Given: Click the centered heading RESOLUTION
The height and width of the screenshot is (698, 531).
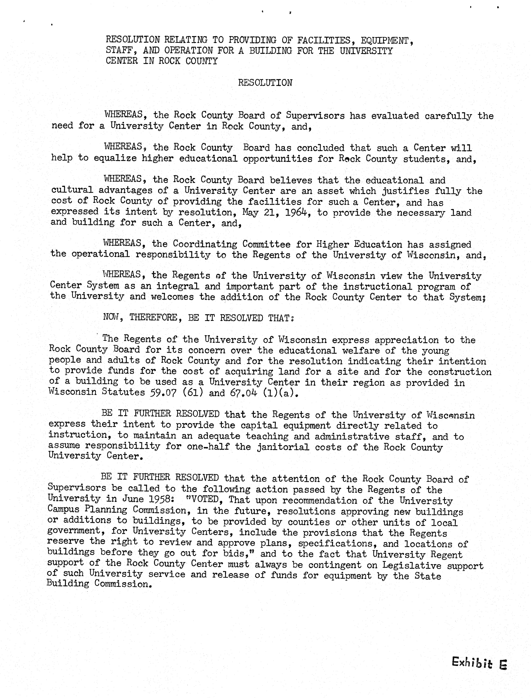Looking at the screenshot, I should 265,83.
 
